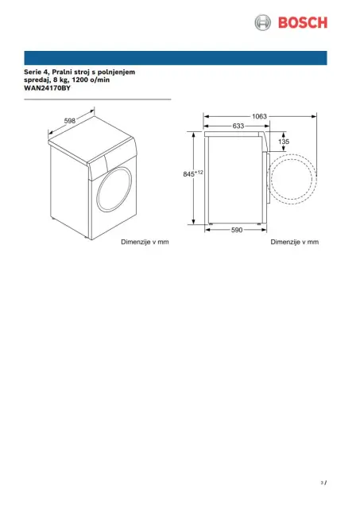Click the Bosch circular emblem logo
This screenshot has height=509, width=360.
[262, 23]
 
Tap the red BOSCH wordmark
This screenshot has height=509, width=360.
[303, 23]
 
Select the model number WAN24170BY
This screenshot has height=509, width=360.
[47, 88]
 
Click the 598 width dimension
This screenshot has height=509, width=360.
[70, 121]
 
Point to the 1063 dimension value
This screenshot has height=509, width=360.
[259, 116]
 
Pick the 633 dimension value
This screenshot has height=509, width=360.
[238, 126]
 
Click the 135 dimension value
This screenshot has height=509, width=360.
[284, 142]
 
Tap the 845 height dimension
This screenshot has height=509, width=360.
[188, 174]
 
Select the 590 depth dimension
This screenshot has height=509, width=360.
[237, 230]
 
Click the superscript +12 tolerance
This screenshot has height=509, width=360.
[199, 172]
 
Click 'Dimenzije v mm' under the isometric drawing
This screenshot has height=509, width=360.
[145, 242]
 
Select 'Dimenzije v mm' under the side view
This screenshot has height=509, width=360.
[295, 242]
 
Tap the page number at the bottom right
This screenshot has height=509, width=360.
[323, 483]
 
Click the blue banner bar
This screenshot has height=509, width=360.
[176, 58]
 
